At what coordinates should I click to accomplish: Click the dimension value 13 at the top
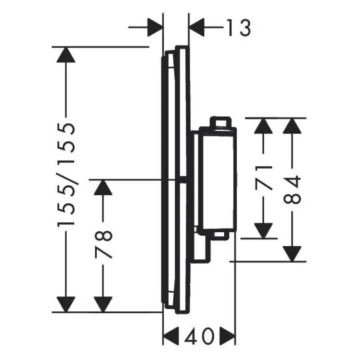[x=239, y=27]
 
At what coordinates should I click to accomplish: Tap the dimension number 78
[x=103, y=244]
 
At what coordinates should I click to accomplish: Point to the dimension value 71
[x=263, y=178]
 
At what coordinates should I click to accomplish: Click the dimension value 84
[x=292, y=189]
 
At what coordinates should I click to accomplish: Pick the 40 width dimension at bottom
[x=199, y=337]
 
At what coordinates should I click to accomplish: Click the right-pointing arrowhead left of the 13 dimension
[x=155, y=27]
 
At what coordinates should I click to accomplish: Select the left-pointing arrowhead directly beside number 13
[x=197, y=27]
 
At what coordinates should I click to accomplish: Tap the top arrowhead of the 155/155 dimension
[x=66, y=54]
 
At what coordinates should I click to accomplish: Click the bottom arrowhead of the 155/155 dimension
[x=66, y=305]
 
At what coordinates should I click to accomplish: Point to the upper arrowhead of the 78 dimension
[x=103, y=188]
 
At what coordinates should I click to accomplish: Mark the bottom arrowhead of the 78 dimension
[x=103, y=305]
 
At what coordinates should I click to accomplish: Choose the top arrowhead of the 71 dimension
[x=263, y=126]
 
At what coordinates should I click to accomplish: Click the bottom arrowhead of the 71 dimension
[x=263, y=231]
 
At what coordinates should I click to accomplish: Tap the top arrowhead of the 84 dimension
[x=292, y=126]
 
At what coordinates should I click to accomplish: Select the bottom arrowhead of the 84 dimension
[x=292, y=254]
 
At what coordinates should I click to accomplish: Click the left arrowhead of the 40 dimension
[x=171, y=337]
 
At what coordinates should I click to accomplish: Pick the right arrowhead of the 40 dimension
[x=228, y=337]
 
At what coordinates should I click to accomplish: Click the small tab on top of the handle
[x=220, y=122]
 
